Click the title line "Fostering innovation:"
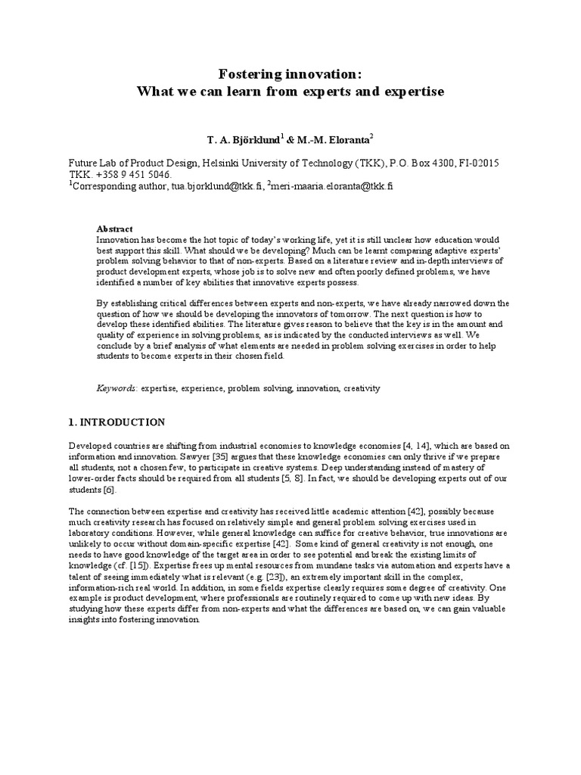click(290, 73)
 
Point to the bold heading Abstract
click(115, 229)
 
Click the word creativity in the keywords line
click(362, 387)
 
